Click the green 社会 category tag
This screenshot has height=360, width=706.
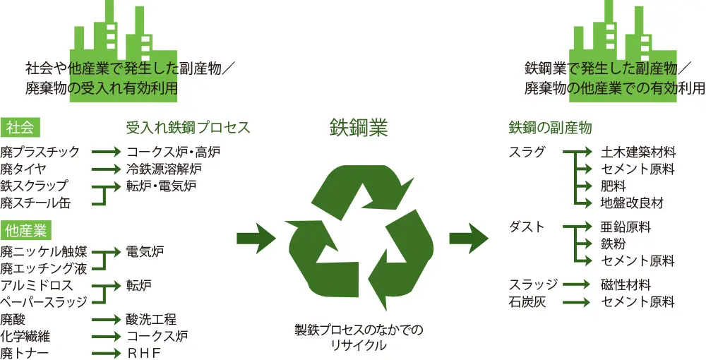[x=22, y=128]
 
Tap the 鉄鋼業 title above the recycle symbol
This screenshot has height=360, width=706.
[x=359, y=127]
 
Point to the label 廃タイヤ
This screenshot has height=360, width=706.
[x=23, y=169]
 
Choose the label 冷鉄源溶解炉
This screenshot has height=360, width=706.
[x=164, y=169]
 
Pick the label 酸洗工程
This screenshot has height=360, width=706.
[x=151, y=320]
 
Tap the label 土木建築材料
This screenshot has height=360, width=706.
[x=638, y=152]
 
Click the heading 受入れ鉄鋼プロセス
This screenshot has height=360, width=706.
[x=188, y=128]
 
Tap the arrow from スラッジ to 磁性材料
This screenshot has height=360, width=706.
[x=576, y=284]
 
